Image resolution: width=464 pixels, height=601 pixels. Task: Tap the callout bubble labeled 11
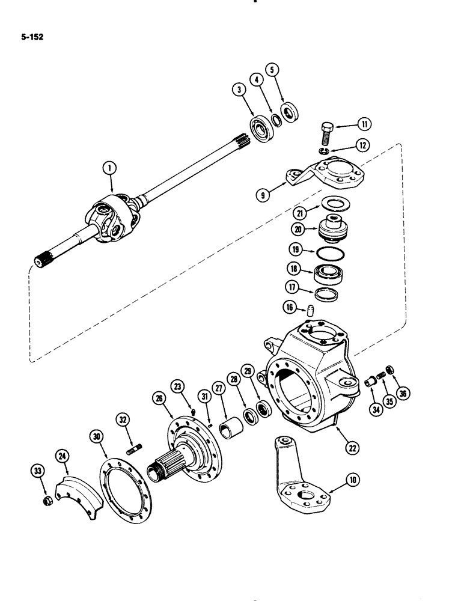pos(363,124)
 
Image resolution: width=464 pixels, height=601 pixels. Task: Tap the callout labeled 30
pos(96,436)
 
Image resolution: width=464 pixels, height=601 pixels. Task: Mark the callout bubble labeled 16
pos(289,308)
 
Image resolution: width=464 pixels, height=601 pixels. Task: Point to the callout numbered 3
pos(239,91)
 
